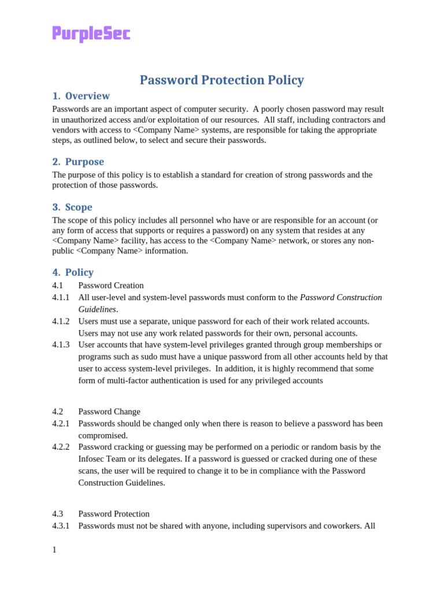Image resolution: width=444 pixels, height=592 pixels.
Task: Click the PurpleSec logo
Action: pyautogui.click(x=91, y=34)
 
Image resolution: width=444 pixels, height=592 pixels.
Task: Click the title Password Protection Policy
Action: pyautogui.click(x=221, y=80)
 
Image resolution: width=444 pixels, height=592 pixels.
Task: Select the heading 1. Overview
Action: pyautogui.click(x=81, y=96)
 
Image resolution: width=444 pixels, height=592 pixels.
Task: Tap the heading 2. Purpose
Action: pyautogui.click(x=78, y=162)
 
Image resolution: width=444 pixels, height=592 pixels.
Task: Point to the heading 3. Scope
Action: pyautogui.click(x=72, y=207)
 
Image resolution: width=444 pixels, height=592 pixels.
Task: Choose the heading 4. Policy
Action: pyautogui.click(x=73, y=272)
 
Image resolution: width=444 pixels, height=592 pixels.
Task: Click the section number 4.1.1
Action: pyautogui.click(x=61, y=297)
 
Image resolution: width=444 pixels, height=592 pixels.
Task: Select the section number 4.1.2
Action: pyautogui.click(x=61, y=321)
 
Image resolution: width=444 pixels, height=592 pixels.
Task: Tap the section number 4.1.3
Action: pyautogui.click(x=61, y=345)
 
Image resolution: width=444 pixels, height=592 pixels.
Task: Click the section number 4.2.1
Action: pyautogui.click(x=61, y=423)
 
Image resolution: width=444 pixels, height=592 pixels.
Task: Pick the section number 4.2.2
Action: pyautogui.click(x=61, y=447)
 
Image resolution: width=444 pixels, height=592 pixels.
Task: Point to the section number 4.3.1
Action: pyautogui.click(x=61, y=526)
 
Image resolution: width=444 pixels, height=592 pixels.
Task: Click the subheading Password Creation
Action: pyautogui.click(x=111, y=285)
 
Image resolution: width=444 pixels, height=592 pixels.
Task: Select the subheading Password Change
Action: pyautogui.click(x=109, y=412)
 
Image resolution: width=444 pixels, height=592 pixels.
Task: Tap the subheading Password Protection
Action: pyautogui.click(x=114, y=514)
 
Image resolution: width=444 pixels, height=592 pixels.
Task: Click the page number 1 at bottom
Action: pyautogui.click(x=54, y=550)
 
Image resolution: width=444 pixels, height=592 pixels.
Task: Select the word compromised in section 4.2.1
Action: pyautogui.click(x=102, y=435)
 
